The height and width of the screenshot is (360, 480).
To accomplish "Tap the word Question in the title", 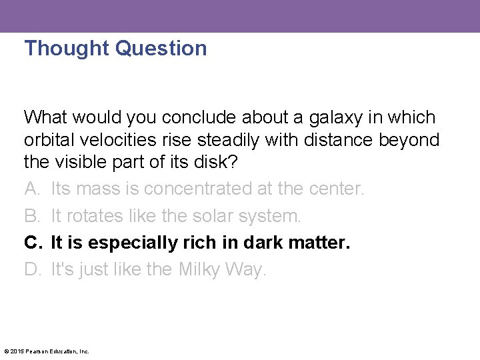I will (161, 48).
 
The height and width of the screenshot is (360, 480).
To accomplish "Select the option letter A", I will (31, 189).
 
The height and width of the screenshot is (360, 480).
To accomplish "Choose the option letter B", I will (31, 216).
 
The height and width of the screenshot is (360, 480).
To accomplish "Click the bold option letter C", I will (31, 243).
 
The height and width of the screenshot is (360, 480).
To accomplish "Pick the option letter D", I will (31, 269).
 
